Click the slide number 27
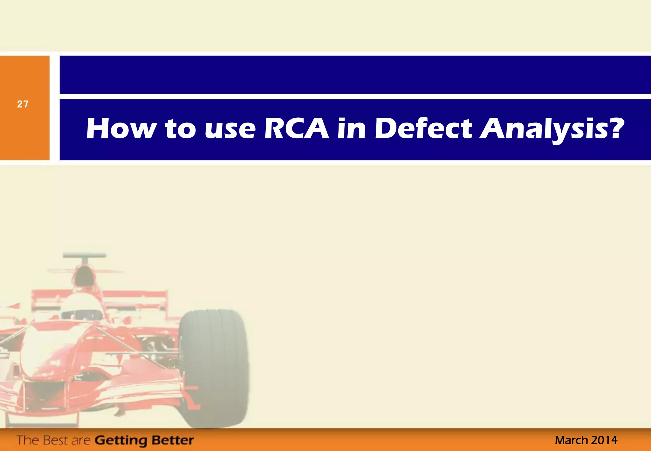(23, 104)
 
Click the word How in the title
(121, 129)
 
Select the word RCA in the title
(296, 129)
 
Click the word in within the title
(351, 129)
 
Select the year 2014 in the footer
(604, 440)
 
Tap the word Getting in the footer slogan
(121, 441)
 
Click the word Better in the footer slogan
(172, 440)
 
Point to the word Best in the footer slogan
(56, 440)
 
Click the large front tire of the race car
(214, 369)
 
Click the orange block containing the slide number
(24, 134)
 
